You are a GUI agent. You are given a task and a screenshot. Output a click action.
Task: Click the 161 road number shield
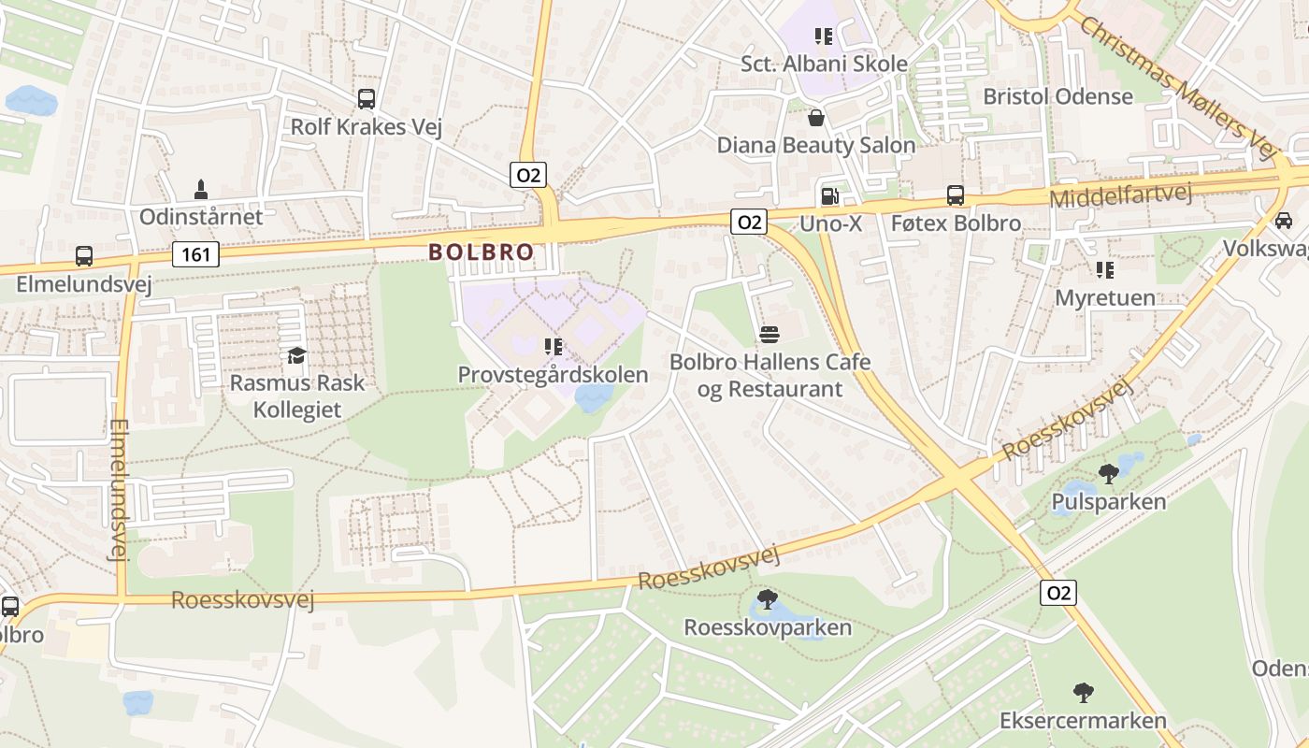(x=195, y=253)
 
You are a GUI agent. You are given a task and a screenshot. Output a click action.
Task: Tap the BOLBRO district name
(x=482, y=252)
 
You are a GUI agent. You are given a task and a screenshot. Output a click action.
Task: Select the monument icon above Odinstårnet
(x=200, y=190)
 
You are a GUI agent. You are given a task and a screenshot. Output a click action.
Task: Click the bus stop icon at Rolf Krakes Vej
(x=367, y=98)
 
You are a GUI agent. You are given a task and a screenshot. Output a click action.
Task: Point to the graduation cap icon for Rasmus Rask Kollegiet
(x=297, y=355)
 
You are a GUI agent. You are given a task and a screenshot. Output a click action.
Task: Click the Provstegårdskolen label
(x=553, y=375)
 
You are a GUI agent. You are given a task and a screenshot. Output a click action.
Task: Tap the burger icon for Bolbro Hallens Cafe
(x=770, y=335)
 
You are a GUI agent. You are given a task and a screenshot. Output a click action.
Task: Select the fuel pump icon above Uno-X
(x=828, y=196)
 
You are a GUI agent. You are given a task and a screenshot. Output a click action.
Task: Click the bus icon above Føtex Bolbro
(x=956, y=195)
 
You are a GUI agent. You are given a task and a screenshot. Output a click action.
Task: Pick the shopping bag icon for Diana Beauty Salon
(x=815, y=118)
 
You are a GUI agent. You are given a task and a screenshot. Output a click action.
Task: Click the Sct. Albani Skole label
(x=824, y=64)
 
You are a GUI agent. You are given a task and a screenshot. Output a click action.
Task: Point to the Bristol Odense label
(x=1057, y=96)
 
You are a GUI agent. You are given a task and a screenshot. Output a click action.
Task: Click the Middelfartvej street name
(x=1121, y=196)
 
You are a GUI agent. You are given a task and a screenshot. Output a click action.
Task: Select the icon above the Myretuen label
(x=1105, y=270)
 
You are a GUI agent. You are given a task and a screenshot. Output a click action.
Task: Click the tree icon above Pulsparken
(x=1109, y=474)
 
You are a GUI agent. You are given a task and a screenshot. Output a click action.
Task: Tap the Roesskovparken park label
(x=768, y=626)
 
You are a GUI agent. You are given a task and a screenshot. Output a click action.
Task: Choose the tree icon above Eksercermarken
(x=1083, y=693)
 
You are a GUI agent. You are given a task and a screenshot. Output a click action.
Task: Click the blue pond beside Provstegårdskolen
(x=593, y=398)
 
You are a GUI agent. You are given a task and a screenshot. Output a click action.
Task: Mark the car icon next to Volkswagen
(x=1284, y=221)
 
